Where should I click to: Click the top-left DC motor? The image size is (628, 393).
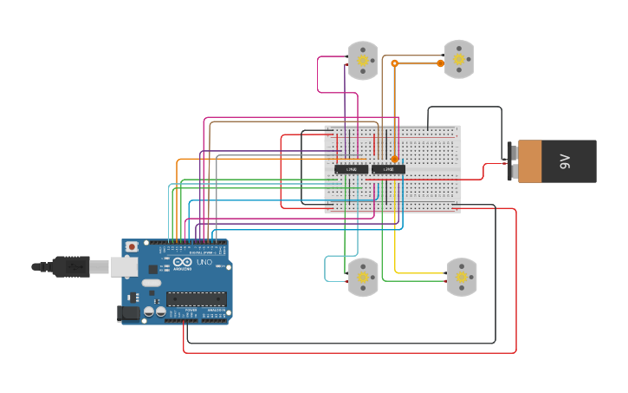(363, 60)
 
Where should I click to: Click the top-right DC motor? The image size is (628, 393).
(459, 59)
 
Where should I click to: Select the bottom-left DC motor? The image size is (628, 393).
(363, 278)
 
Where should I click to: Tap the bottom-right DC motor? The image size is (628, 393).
(461, 277)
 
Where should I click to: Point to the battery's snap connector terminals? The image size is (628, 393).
(512, 161)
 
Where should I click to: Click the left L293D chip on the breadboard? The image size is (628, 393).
(351, 168)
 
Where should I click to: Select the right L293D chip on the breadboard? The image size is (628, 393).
(388, 168)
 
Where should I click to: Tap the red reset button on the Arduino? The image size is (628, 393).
(132, 247)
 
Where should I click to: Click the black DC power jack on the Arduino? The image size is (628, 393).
(128, 312)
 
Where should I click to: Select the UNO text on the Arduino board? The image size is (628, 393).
(204, 262)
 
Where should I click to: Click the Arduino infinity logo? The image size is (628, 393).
(183, 262)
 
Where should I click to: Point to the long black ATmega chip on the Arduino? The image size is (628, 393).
(197, 298)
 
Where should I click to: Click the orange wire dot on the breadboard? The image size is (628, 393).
(395, 159)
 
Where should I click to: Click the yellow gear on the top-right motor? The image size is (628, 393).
(460, 59)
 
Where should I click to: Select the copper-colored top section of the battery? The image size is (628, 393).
(530, 161)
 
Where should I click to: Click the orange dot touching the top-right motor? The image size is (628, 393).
(440, 63)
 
